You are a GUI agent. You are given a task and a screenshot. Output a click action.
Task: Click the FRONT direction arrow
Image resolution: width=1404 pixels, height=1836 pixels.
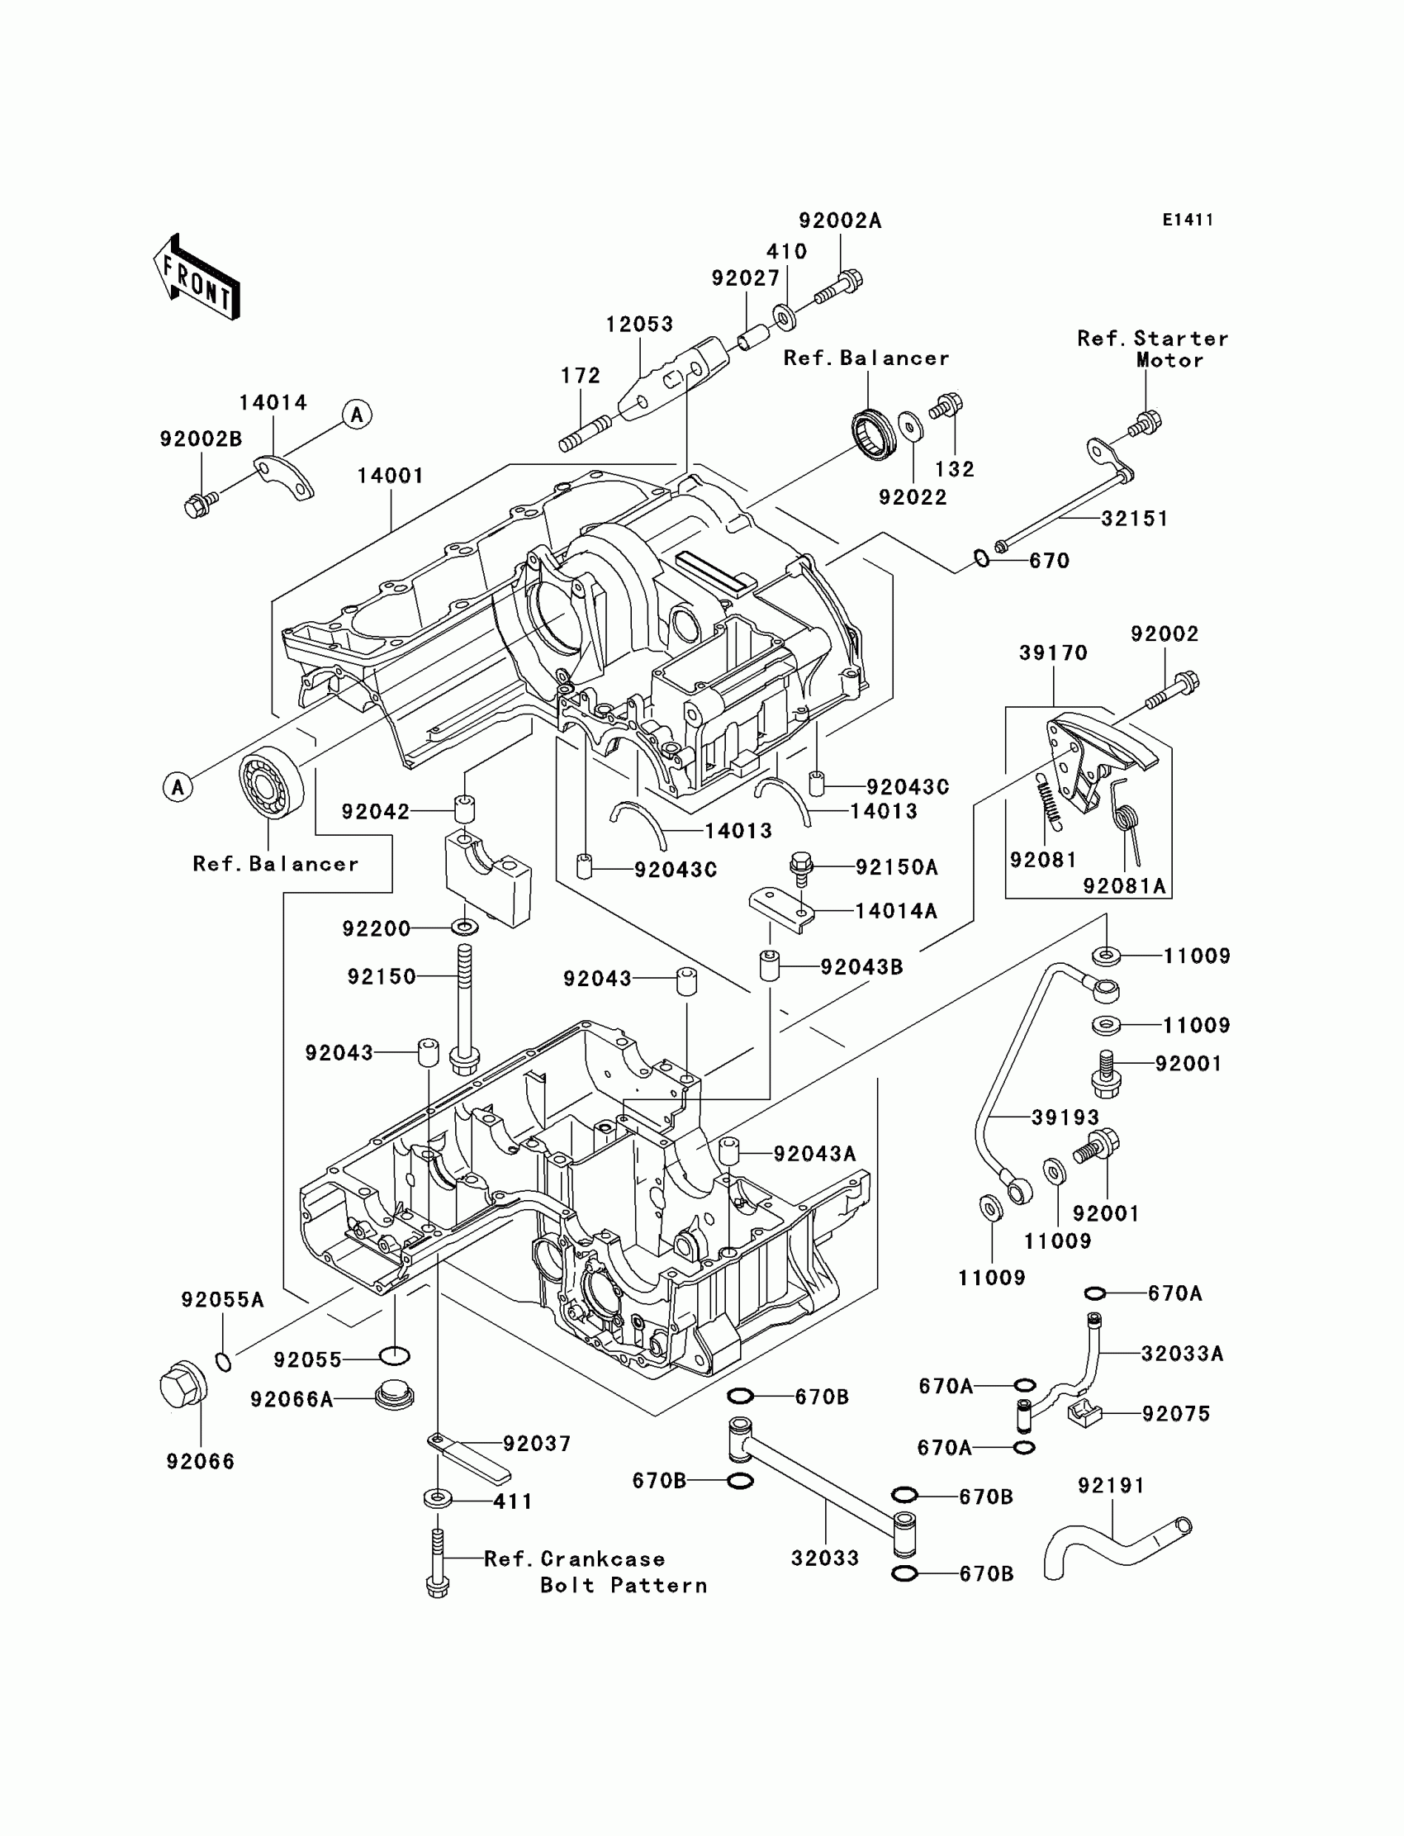tap(197, 277)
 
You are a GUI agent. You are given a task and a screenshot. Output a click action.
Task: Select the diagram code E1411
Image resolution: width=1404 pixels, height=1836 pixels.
tap(1188, 220)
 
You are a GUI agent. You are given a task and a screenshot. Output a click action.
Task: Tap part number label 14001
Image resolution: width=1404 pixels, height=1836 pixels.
tap(391, 476)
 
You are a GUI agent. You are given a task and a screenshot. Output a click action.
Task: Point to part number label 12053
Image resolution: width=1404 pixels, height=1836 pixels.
tap(639, 324)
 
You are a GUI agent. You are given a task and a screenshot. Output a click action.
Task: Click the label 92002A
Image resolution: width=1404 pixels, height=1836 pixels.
tap(840, 221)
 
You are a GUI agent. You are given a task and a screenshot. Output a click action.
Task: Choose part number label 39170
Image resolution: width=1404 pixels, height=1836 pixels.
tap(1053, 652)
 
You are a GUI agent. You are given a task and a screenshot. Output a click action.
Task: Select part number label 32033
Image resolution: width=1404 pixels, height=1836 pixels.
tap(825, 1558)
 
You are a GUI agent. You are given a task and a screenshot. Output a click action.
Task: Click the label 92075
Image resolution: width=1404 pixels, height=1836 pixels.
tap(1176, 1413)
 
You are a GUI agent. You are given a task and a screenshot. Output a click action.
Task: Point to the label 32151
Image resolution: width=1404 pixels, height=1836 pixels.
tap(1134, 518)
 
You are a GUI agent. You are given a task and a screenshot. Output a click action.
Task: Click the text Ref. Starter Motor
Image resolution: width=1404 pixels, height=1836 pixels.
tap(1152, 349)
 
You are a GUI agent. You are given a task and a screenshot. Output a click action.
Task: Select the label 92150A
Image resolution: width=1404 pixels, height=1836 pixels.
tap(896, 867)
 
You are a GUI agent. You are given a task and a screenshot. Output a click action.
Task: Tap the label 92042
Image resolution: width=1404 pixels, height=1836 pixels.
tap(375, 811)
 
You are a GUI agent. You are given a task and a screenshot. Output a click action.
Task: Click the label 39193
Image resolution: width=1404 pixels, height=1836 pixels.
tap(1065, 1117)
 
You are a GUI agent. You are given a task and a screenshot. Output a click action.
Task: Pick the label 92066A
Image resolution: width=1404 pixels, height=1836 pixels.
tap(292, 1399)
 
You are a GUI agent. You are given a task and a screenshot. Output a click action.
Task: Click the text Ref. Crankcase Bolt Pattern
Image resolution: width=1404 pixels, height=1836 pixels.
tap(595, 1572)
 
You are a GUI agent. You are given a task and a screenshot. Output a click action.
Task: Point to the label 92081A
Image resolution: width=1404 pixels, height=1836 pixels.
tap(1124, 886)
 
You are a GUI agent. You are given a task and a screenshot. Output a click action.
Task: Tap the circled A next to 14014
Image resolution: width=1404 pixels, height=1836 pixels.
tap(357, 415)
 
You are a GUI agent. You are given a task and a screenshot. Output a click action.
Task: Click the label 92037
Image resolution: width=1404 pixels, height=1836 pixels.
tap(537, 1443)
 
